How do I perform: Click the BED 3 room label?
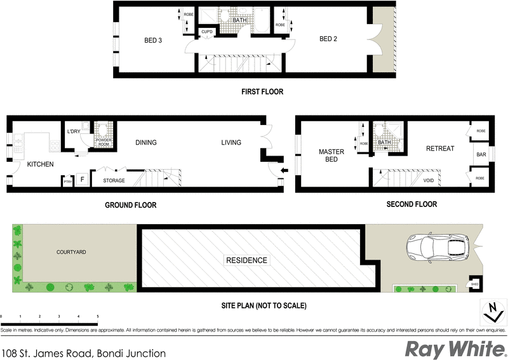point(152,41)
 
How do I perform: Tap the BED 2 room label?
point(328,39)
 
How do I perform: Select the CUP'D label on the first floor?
point(206,32)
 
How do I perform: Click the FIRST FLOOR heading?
point(262,91)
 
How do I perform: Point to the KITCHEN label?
point(40,164)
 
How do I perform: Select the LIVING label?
point(231,143)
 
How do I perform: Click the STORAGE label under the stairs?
point(114,180)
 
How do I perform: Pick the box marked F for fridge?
point(82,180)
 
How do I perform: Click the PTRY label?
point(67,182)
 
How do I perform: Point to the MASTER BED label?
point(331,156)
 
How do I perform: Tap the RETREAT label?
point(440,149)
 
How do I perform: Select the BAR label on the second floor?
point(481,154)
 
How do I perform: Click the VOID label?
point(429,180)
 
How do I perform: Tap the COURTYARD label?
point(70,252)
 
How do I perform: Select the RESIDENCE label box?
point(247,260)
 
